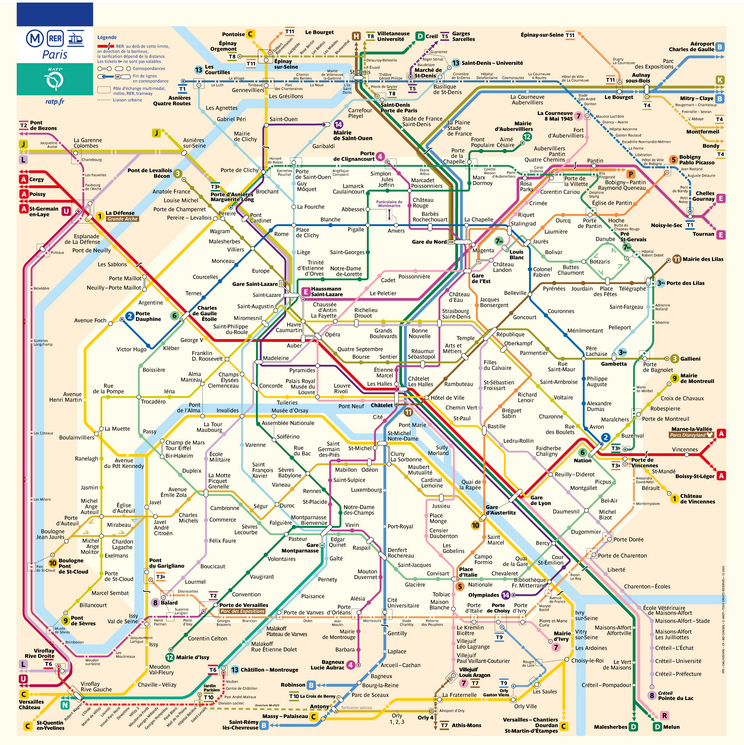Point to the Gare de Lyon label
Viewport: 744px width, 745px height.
click(541, 499)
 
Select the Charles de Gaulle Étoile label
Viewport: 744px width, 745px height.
click(206, 314)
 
